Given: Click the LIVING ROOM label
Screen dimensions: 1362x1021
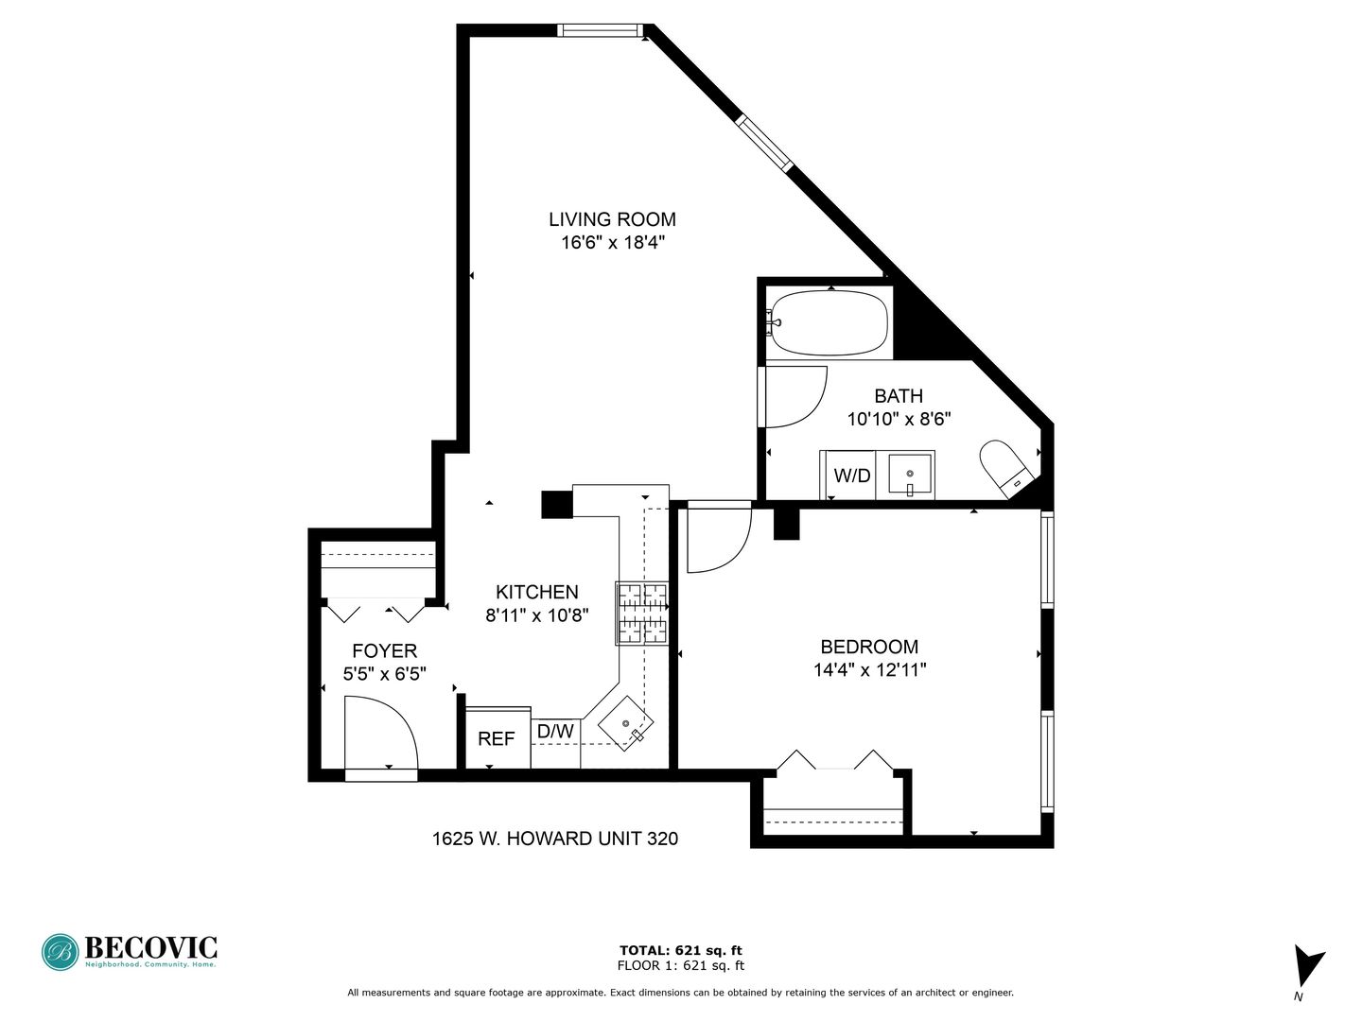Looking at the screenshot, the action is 612,219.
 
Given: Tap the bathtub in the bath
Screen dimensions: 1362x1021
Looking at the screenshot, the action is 829,323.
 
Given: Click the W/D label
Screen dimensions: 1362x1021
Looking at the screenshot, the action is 852,476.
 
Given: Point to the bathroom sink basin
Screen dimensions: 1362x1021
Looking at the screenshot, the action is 910,475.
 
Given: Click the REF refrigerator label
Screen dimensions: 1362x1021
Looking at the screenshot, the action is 496,739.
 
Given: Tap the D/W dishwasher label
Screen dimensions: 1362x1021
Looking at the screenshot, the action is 555,732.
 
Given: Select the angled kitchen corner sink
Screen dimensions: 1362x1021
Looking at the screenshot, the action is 625,723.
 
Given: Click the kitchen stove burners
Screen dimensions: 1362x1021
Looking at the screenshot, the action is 641,614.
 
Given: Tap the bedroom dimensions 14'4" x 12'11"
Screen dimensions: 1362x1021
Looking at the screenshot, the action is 869,669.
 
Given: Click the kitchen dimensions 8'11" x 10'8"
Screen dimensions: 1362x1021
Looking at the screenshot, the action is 536,615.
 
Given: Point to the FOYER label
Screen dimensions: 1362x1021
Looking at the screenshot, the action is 385,651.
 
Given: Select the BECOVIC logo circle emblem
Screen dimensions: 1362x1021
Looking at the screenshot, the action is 61,952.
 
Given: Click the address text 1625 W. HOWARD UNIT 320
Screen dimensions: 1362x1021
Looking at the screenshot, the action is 554,839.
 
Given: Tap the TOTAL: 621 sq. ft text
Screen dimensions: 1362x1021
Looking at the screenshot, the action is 681,950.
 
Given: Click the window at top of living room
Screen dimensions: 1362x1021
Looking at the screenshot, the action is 598,30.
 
